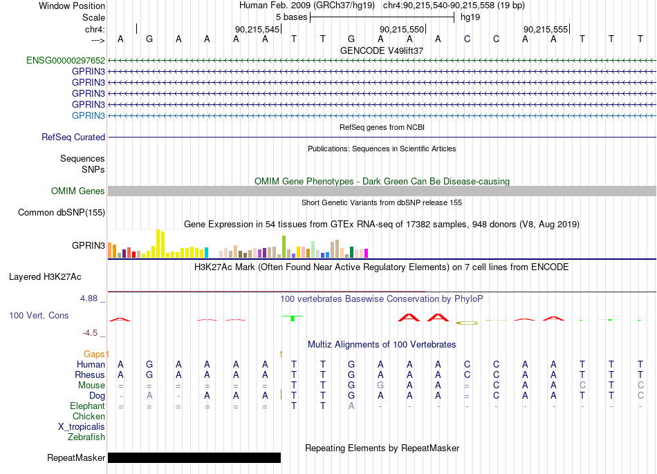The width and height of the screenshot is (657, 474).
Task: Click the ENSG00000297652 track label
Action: tap(66, 60)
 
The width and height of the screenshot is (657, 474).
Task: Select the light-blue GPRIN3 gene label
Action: tap(89, 115)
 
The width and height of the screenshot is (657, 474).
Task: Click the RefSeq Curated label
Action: tap(73, 137)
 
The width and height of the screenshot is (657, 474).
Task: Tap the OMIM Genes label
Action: tap(78, 191)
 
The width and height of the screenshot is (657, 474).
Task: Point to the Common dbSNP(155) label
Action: tap(62, 212)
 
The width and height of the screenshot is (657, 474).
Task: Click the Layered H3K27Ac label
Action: tap(45, 277)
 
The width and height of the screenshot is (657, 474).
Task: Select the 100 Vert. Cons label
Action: tap(39, 315)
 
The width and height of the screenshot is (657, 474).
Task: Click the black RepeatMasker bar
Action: tap(194, 457)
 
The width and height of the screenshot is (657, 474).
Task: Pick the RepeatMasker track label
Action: tap(76, 457)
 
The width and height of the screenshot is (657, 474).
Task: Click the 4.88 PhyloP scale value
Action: tap(89, 298)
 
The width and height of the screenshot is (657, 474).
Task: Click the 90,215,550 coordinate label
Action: tap(402, 29)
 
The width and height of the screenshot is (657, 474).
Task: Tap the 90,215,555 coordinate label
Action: tap(546, 29)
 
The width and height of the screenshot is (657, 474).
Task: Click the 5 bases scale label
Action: tap(292, 17)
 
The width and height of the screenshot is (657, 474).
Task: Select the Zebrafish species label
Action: tap(86, 437)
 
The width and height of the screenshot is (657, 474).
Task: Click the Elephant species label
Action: tap(88, 406)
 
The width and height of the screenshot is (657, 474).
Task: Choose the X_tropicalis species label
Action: tap(82, 427)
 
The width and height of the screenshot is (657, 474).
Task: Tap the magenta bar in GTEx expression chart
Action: tap(366, 254)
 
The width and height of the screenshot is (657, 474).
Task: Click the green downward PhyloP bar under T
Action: tap(293, 319)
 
